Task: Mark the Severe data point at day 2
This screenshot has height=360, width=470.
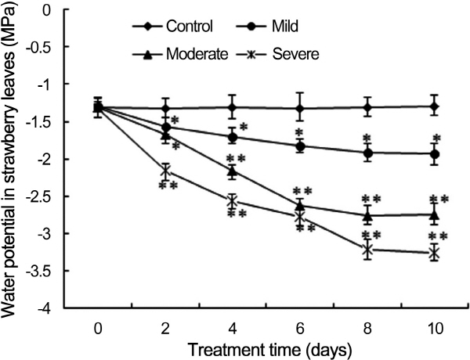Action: pyautogui.click(x=165, y=171)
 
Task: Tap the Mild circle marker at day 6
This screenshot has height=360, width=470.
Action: pyautogui.click(x=300, y=146)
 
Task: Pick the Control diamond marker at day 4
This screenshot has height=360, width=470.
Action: pyautogui.click(x=233, y=107)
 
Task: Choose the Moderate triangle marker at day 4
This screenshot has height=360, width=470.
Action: pyautogui.click(x=233, y=171)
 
